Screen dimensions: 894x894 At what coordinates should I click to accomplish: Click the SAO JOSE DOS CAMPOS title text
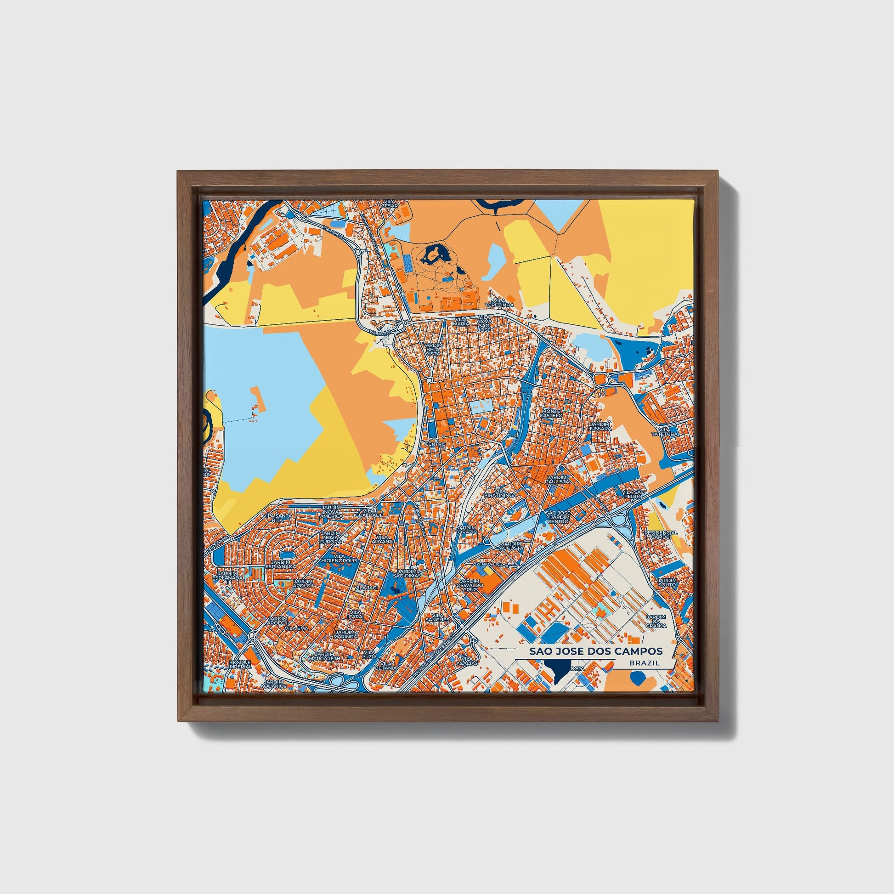[595, 651]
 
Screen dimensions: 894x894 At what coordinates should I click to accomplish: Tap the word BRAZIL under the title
[644, 663]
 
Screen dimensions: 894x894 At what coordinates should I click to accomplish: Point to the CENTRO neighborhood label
[435, 444]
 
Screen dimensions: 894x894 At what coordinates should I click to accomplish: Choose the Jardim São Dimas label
[407, 573]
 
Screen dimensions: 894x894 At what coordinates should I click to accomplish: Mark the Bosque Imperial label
[240, 664]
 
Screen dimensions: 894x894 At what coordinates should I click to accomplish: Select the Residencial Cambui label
[661, 534]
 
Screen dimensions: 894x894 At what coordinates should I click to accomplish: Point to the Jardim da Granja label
[656, 621]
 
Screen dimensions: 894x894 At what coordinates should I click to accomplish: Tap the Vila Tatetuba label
[664, 432]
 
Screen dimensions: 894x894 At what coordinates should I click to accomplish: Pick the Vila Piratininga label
[500, 493]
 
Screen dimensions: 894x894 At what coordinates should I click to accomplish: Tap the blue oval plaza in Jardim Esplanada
[286, 554]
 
